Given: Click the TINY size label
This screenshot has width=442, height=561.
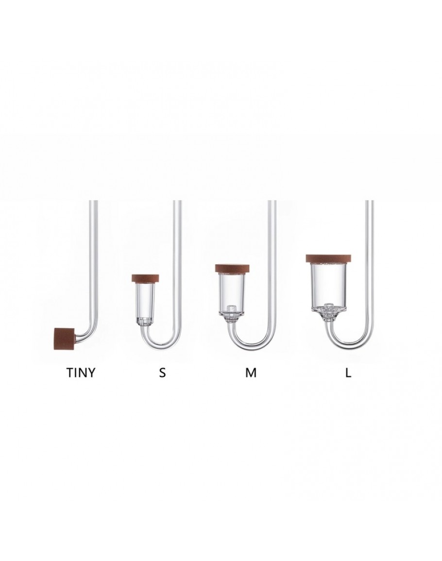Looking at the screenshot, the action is pos(81,373).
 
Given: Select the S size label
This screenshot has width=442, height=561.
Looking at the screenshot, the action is pos(163,373).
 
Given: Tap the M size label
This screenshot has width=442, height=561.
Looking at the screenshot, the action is pos(251,373).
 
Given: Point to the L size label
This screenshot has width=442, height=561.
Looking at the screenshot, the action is pos(348,373).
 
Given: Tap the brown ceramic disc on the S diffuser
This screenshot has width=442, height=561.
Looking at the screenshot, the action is pos(148,278).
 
